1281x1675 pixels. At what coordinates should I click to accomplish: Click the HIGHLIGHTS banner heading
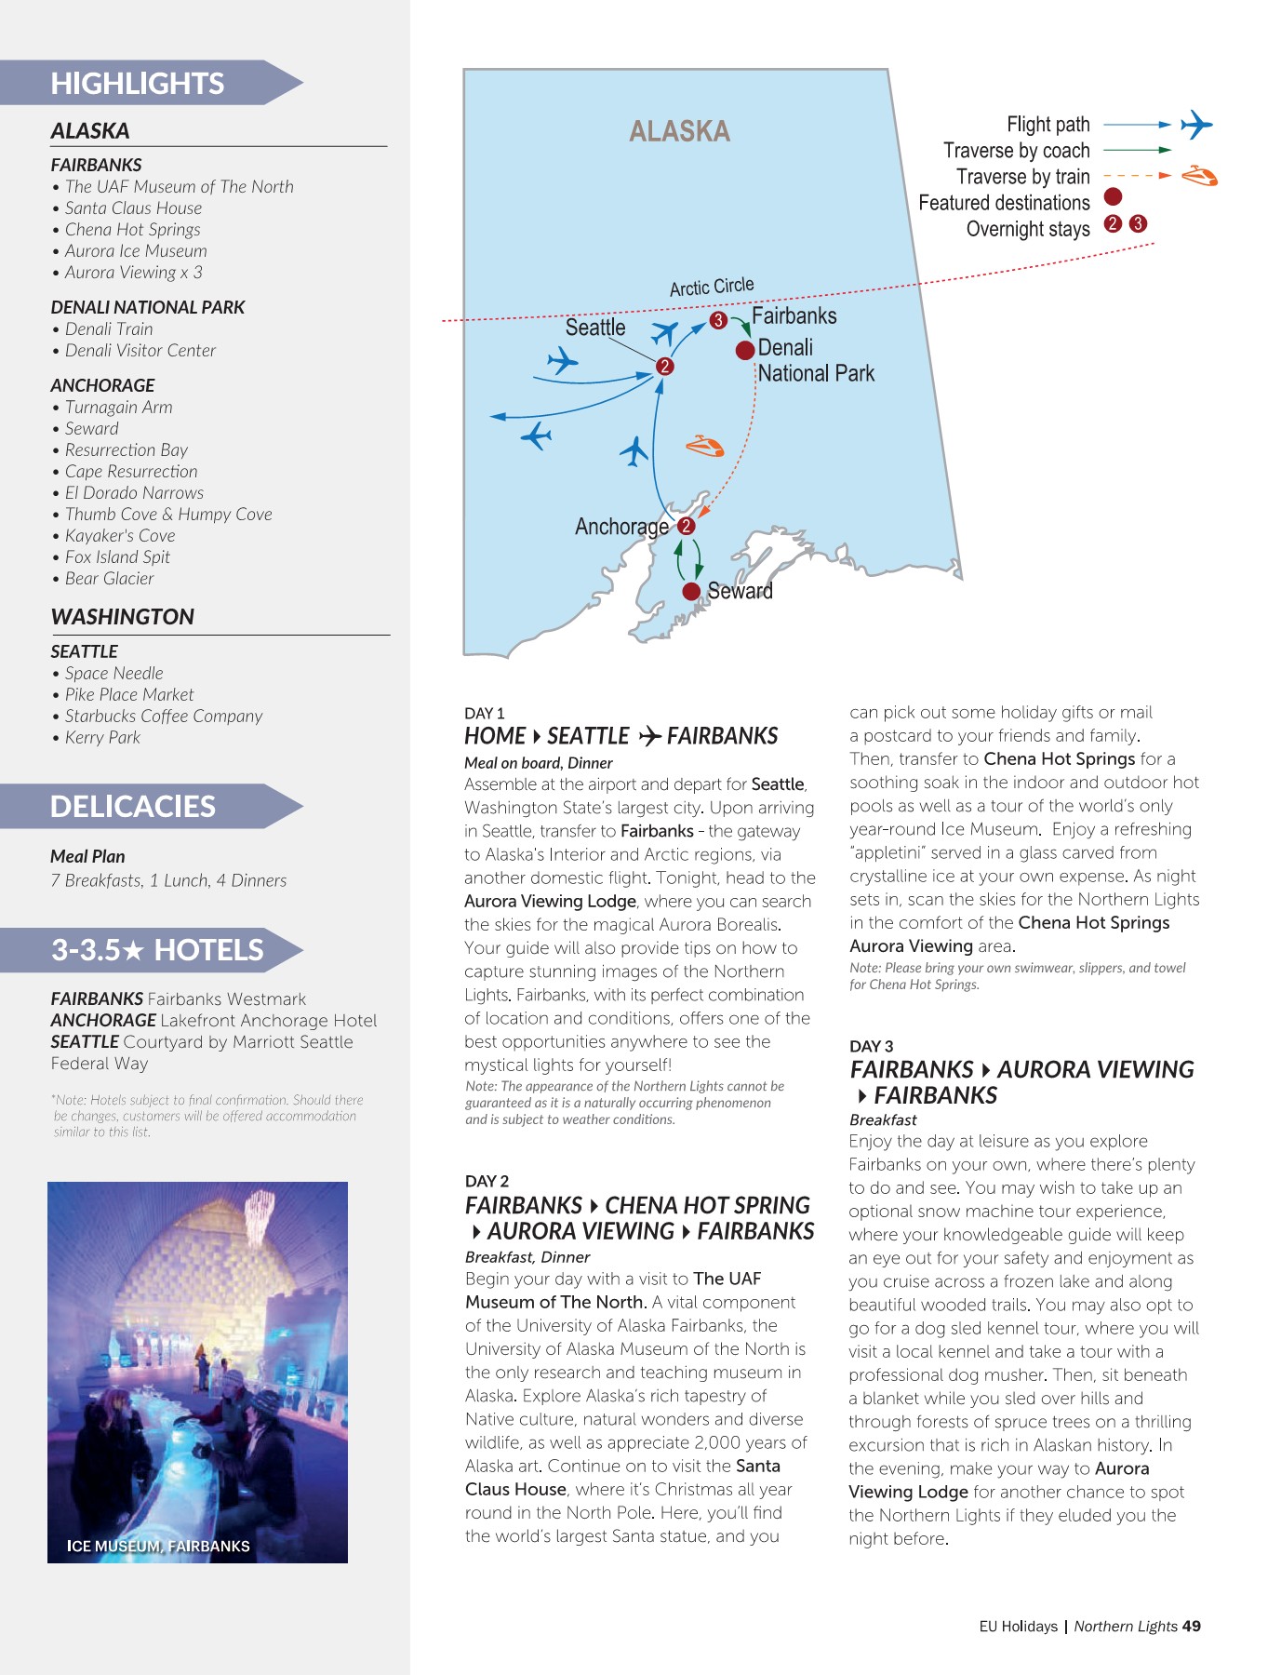pyautogui.click(x=138, y=84)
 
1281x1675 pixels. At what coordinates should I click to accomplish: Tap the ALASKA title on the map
pyautogui.click(x=679, y=131)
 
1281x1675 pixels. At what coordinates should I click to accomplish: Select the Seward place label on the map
pyautogui.click(x=740, y=591)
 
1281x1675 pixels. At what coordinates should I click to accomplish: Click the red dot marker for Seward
pyautogui.click(x=691, y=592)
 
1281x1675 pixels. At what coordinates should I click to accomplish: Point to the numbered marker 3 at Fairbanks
pyautogui.click(x=718, y=320)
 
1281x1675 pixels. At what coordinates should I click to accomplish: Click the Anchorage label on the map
pyautogui.click(x=620, y=527)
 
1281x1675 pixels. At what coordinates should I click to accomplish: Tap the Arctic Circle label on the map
pyautogui.click(x=712, y=287)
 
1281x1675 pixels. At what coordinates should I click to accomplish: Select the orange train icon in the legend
pyautogui.click(x=1199, y=176)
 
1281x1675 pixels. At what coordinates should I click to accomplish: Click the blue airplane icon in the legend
pyautogui.click(x=1196, y=124)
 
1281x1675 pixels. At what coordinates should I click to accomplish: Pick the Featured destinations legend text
pyautogui.click(x=1004, y=203)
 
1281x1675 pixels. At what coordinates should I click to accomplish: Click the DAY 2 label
pyautogui.click(x=487, y=1181)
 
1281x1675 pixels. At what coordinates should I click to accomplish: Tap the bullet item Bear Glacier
pyautogui.click(x=109, y=579)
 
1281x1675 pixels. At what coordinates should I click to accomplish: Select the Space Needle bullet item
pyautogui.click(x=113, y=674)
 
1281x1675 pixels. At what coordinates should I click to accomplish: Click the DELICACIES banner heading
pyautogui.click(x=133, y=807)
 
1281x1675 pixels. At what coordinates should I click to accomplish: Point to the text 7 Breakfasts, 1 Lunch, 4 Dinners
pyautogui.click(x=168, y=880)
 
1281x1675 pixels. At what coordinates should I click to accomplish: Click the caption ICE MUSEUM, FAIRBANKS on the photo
pyautogui.click(x=158, y=1546)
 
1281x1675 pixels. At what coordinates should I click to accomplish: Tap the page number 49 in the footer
pyautogui.click(x=1191, y=1627)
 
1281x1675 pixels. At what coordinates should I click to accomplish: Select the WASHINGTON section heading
pyautogui.click(x=123, y=617)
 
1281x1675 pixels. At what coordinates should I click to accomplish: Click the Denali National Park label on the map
pyautogui.click(x=815, y=361)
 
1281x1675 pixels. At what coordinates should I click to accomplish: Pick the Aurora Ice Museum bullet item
pyautogui.click(x=136, y=251)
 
